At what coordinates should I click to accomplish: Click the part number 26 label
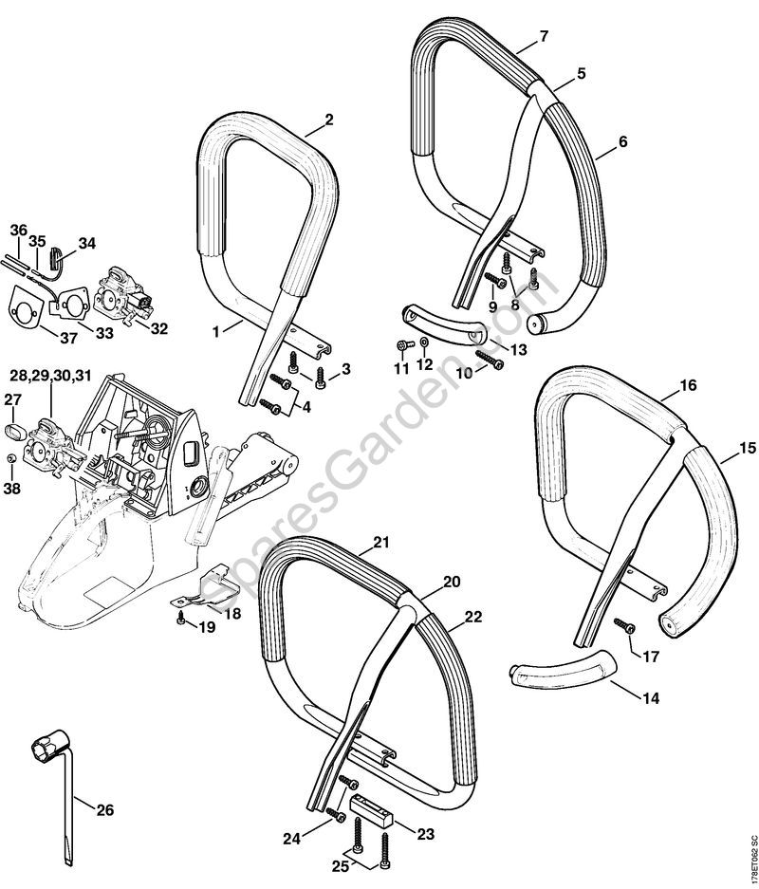(x=105, y=809)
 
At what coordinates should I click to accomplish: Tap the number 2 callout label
(x=328, y=120)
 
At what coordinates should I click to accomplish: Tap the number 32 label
(x=158, y=328)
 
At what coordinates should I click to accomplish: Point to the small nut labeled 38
(x=9, y=461)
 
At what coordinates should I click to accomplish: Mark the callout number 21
(x=381, y=543)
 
